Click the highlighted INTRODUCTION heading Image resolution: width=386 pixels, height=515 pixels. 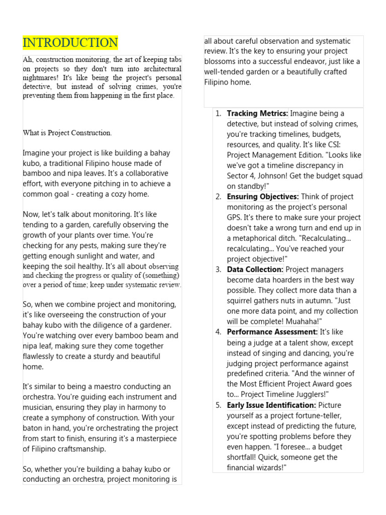pyautogui.click(x=70, y=43)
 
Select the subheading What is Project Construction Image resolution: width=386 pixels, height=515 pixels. pyautogui.click(x=67, y=133)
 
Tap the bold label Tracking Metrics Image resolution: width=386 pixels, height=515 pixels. pyautogui.click(x=257, y=114)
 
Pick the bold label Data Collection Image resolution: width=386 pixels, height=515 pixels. pyautogui.click(x=255, y=270)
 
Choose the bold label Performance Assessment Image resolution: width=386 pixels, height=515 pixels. pyautogui.click(x=272, y=332)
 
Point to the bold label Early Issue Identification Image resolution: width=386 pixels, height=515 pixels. pyautogui.click(x=271, y=405)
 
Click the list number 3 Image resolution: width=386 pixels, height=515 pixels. pyautogui.click(x=219, y=270)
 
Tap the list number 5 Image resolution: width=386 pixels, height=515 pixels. pyautogui.click(x=219, y=405)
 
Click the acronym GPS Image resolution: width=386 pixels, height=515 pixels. pyautogui.click(x=235, y=217)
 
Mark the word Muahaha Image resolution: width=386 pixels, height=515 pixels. pyautogui.click(x=303, y=321)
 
